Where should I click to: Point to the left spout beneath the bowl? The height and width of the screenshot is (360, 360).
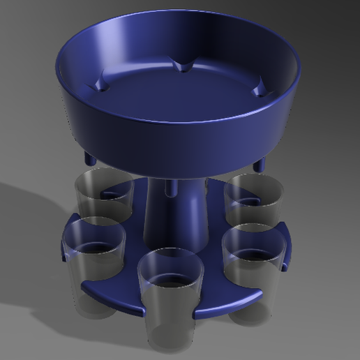coord(90,159)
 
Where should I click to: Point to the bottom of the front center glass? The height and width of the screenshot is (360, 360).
coord(169,336)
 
